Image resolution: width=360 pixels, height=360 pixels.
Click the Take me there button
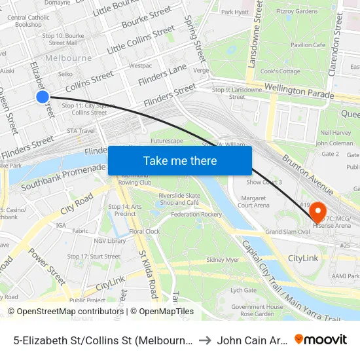pos(180,160)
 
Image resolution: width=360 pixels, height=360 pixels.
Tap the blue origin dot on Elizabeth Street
pos(43,97)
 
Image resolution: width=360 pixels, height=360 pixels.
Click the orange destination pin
pos(319,211)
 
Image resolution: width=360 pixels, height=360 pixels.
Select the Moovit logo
pos(321,339)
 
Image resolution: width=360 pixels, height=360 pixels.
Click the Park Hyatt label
pos(235,12)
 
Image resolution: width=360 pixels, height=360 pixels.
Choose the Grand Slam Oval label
pos(287,232)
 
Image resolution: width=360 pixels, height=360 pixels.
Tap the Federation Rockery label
pos(196,214)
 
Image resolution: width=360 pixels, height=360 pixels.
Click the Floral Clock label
pos(144,232)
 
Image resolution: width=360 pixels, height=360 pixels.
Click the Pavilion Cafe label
pos(308,45)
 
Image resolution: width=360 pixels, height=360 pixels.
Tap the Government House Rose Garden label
pos(257,310)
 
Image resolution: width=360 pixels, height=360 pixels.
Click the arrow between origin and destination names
pos(206,340)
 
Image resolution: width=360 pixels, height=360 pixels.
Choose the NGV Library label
pos(109,241)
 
